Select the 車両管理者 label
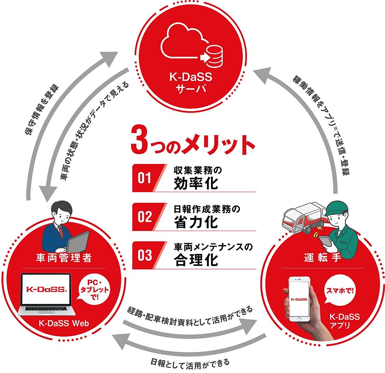64,258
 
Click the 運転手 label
322,258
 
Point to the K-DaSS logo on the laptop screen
46,289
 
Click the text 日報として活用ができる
190,362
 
